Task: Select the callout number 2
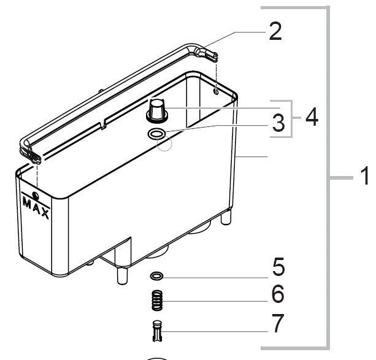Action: (275, 31)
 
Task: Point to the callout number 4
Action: (312, 117)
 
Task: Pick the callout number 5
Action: (277, 268)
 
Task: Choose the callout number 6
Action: (277, 295)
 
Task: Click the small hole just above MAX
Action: (36, 195)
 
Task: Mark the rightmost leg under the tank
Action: (229, 217)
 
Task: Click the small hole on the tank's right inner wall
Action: (217, 91)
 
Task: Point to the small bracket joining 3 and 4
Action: (293, 117)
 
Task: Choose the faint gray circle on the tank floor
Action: (165, 144)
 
